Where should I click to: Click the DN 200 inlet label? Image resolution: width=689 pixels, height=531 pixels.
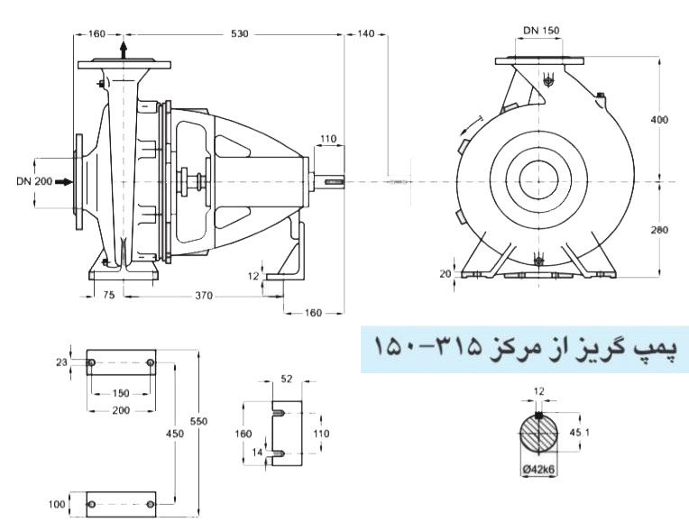click(x=34, y=181)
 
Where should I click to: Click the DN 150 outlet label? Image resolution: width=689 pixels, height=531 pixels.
click(x=541, y=31)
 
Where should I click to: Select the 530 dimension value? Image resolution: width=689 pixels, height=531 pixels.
click(x=240, y=34)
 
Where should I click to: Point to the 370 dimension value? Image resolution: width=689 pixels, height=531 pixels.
click(x=204, y=296)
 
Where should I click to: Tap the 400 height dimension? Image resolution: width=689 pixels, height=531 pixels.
click(x=659, y=120)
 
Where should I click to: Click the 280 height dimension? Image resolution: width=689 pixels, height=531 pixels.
click(x=659, y=230)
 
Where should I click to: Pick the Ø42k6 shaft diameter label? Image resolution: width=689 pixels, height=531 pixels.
click(x=538, y=470)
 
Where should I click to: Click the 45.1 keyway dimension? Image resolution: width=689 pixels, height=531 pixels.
click(x=580, y=433)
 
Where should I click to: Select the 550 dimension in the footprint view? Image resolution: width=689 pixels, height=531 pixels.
click(x=198, y=421)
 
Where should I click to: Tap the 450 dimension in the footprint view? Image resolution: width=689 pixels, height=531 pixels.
click(x=175, y=434)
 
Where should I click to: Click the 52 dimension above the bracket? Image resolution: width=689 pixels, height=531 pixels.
click(x=286, y=379)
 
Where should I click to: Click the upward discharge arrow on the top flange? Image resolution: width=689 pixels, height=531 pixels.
click(x=124, y=50)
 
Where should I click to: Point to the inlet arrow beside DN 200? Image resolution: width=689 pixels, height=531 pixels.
click(x=64, y=181)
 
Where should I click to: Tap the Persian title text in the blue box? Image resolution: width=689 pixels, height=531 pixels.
click(x=526, y=348)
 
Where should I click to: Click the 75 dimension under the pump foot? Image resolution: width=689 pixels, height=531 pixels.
click(x=108, y=295)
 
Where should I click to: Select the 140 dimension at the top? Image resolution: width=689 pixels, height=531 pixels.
click(x=366, y=34)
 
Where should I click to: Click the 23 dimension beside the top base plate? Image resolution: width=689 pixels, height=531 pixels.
click(x=61, y=362)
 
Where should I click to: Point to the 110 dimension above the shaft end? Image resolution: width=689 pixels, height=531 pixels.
click(x=328, y=139)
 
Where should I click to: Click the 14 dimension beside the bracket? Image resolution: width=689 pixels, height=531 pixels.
click(x=257, y=452)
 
